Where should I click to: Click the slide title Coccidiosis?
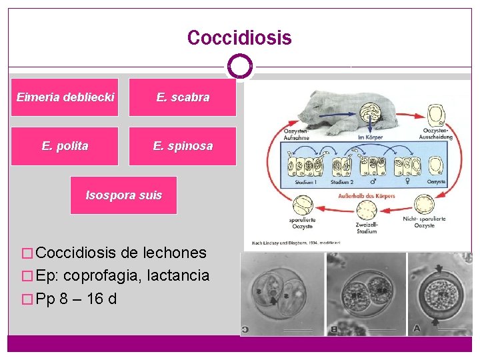[x=239, y=38]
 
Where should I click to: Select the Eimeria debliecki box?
[x=65, y=97]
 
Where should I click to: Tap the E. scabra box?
[x=183, y=97]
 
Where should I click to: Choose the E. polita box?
[x=65, y=146]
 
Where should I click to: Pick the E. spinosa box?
[x=183, y=146]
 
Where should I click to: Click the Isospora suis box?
[x=123, y=195]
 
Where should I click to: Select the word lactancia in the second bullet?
[x=181, y=275]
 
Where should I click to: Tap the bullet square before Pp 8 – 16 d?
[x=27, y=298]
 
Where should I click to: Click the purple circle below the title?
[x=240, y=67]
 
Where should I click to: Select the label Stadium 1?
[x=304, y=181]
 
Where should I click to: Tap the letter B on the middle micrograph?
[x=333, y=327]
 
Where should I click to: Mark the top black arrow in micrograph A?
[x=438, y=268]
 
